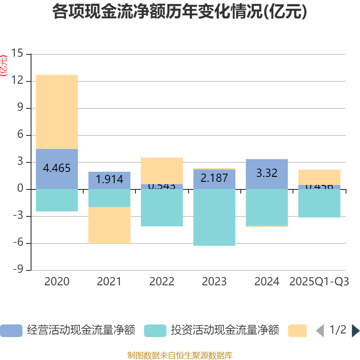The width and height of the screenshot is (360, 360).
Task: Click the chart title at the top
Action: click(180, 12)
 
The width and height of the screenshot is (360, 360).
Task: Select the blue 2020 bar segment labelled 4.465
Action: click(57, 169)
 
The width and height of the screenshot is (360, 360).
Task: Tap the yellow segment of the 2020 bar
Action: click(57, 112)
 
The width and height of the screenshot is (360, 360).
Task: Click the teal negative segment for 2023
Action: click(214, 217)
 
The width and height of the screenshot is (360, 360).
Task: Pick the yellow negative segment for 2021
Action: click(109, 225)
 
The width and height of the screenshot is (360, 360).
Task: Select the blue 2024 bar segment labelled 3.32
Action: click(267, 174)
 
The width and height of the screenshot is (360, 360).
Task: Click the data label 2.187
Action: click(214, 178)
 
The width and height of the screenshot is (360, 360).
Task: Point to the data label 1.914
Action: click(109, 180)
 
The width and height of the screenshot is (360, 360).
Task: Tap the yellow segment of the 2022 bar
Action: click(162, 171)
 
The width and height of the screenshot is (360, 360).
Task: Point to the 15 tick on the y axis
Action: click(17, 54)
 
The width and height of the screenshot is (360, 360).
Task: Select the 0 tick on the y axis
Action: click(20, 189)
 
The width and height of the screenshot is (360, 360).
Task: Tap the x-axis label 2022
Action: click(162, 282)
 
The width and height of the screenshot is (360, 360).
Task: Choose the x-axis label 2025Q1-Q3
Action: click(319, 282)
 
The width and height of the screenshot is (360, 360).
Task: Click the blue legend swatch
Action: click(11, 331)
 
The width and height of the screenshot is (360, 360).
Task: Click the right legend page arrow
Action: click(355, 331)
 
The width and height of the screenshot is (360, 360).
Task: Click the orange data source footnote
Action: click(180, 355)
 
